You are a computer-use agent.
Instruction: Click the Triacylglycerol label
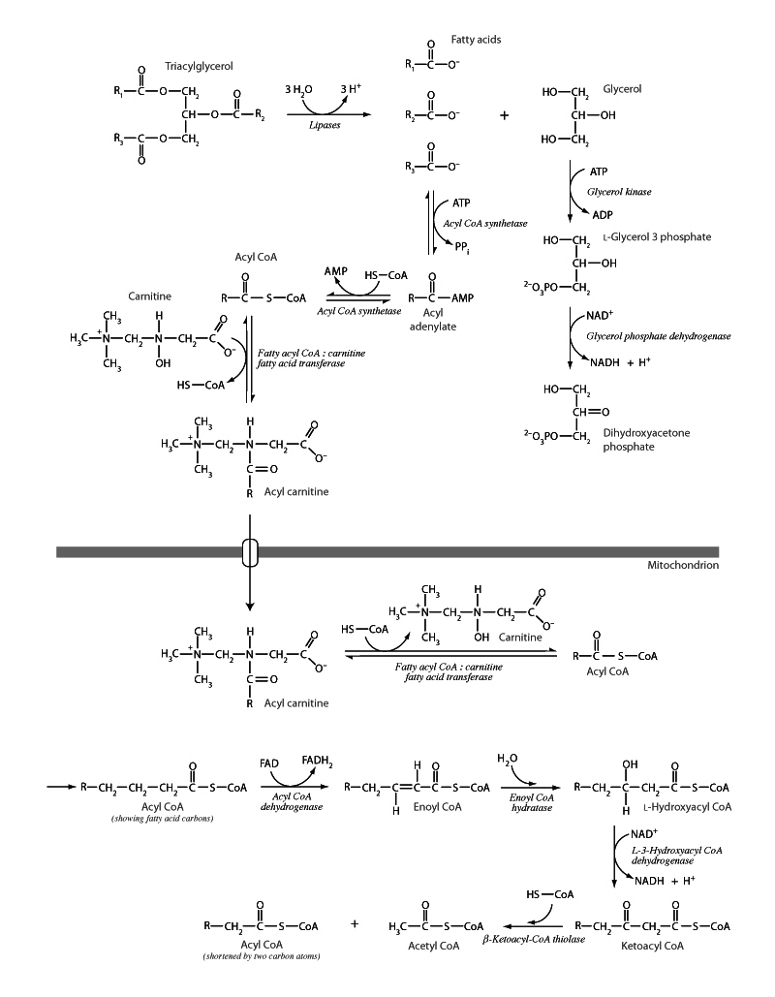pyautogui.click(x=199, y=66)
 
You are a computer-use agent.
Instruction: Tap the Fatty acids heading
pyautogui.click(x=476, y=40)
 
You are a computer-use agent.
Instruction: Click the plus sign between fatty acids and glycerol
pyautogui.click(x=504, y=115)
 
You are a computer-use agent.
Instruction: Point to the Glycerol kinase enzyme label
pyautogui.click(x=619, y=193)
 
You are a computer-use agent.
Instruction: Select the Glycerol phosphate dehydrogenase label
pyautogui.click(x=658, y=335)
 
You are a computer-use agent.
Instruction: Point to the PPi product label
pyautogui.click(x=465, y=248)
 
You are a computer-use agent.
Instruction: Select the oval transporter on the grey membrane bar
pyautogui.click(x=250, y=552)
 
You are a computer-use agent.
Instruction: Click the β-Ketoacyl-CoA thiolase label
pyautogui.click(x=533, y=940)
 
